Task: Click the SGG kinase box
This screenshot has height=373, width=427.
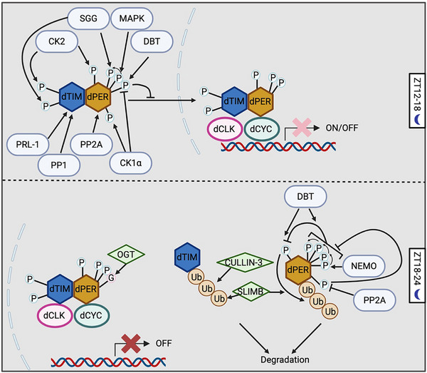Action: (88, 19)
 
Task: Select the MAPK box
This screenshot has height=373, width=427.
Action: (132, 19)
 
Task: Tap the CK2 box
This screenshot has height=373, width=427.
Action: (57, 41)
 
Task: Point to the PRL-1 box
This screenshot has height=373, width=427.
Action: (28, 144)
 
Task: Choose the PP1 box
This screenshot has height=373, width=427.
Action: (59, 165)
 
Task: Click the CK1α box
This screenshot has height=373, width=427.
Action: (131, 163)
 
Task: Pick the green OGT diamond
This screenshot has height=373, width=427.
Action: (126, 255)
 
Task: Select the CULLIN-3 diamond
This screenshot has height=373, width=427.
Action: (245, 262)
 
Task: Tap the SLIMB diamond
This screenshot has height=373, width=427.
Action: (251, 292)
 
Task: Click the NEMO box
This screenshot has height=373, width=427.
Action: (364, 266)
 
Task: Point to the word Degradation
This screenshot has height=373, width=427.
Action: (285, 359)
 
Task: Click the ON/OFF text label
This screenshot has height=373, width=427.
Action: (342, 128)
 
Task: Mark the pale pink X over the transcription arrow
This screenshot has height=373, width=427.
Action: (302, 128)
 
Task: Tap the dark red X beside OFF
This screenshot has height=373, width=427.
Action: (131, 344)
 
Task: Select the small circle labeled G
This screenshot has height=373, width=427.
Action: (111, 278)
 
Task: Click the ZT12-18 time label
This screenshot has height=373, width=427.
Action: (417, 101)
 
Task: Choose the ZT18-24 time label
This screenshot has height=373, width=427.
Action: (417, 275)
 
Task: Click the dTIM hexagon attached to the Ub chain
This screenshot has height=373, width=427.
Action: (187, 257)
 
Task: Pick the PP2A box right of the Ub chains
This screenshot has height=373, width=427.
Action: (374, 300)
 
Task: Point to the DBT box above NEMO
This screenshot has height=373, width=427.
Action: (305, 196)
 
